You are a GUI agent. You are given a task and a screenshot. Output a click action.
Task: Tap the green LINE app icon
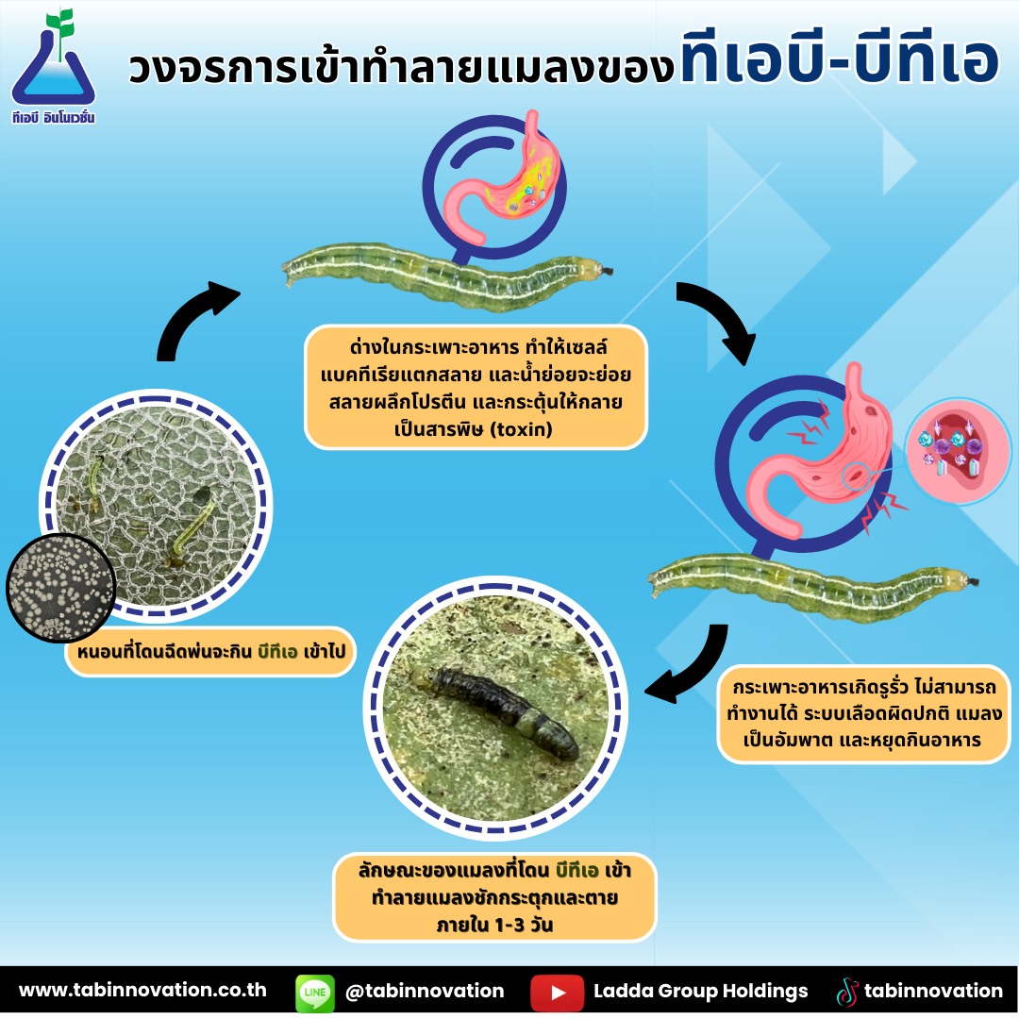coord(314,993)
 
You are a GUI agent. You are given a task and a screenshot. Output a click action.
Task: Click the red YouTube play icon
coord(557,993)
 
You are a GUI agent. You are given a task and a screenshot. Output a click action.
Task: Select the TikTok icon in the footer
coord(846,993)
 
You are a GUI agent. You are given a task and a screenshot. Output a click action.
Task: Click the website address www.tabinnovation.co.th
coord(142,990)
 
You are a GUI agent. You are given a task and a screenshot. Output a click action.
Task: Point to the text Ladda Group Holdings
coord(700,991)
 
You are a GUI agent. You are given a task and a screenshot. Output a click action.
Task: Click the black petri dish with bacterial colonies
coord(60,588)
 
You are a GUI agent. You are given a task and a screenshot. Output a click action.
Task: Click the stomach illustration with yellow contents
coord(504,175)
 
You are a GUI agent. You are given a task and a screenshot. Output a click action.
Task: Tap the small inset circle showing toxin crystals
coord(958,450)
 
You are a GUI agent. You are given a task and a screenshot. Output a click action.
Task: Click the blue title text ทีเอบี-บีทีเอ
coord(839,59)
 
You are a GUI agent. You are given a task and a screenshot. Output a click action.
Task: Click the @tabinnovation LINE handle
coord(425,991)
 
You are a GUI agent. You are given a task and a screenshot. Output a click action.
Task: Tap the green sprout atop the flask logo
coord(60,26)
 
